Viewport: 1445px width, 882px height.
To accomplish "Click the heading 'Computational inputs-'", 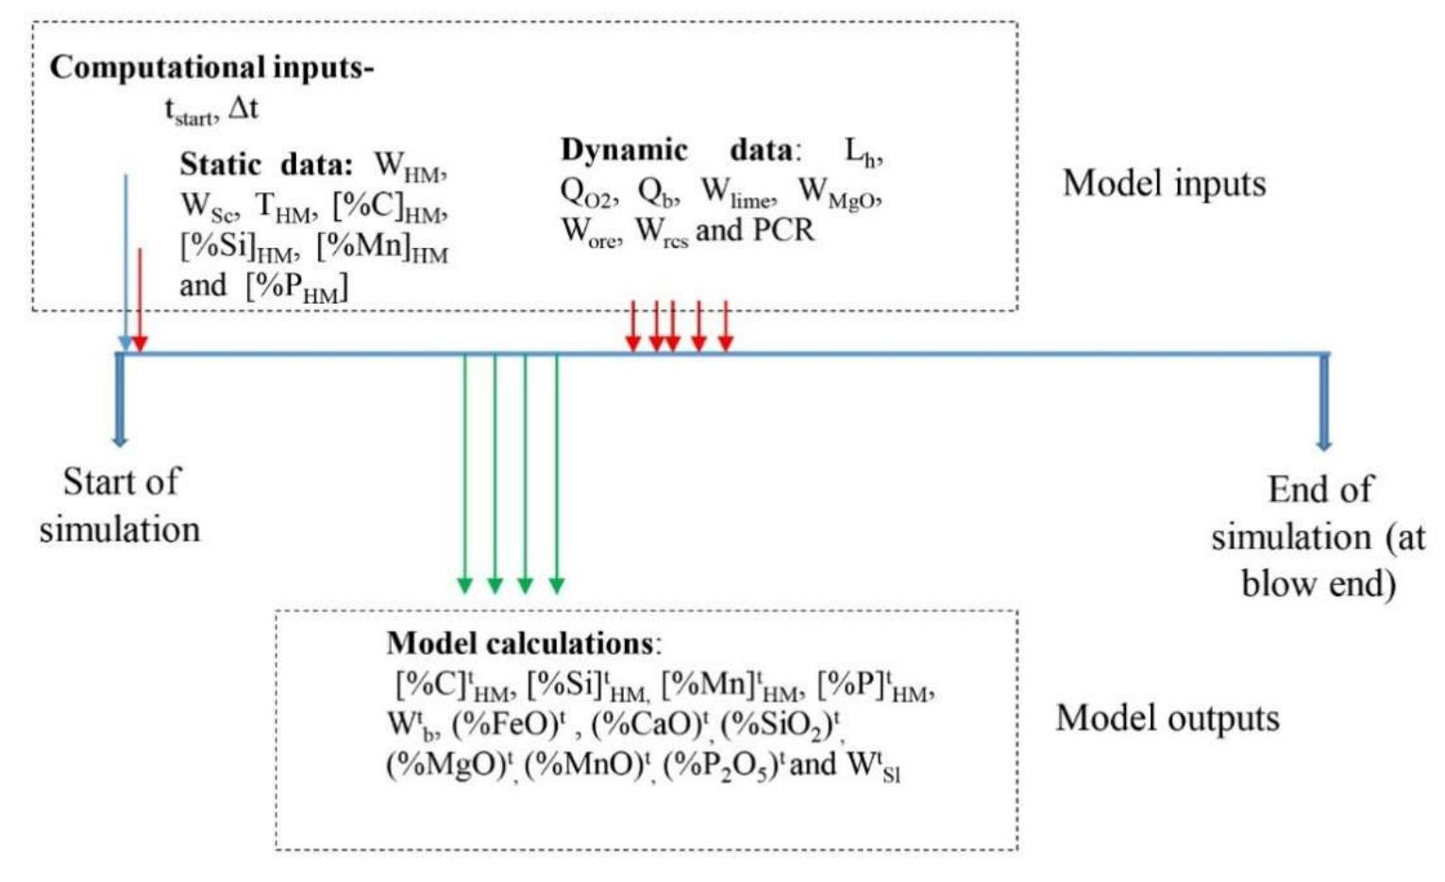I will click(211, 68).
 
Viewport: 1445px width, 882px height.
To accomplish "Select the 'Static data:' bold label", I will click(265, 164).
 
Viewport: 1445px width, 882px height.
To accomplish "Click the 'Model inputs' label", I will click(1164, 183).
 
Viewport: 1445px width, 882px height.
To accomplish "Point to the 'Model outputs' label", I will click(1167, 718).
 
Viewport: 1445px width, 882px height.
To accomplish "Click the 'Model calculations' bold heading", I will click(519, 643).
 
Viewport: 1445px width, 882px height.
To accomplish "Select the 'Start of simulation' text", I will click(120, 505).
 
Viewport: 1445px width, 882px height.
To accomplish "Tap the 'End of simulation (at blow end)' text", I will click(1319, 536).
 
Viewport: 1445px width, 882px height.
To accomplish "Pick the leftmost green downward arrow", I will click(464, 472).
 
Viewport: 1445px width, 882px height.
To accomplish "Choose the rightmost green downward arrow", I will click(557, 472).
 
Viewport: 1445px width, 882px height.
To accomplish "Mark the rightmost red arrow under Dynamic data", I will click(725, 325).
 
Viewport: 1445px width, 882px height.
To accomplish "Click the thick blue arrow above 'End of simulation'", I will click(1324, 401).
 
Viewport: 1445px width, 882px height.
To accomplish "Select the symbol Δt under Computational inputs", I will click(244, 108).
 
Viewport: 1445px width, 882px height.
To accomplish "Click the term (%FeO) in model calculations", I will click(509, 724).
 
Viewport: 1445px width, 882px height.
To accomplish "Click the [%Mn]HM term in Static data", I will click(382, 247).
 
